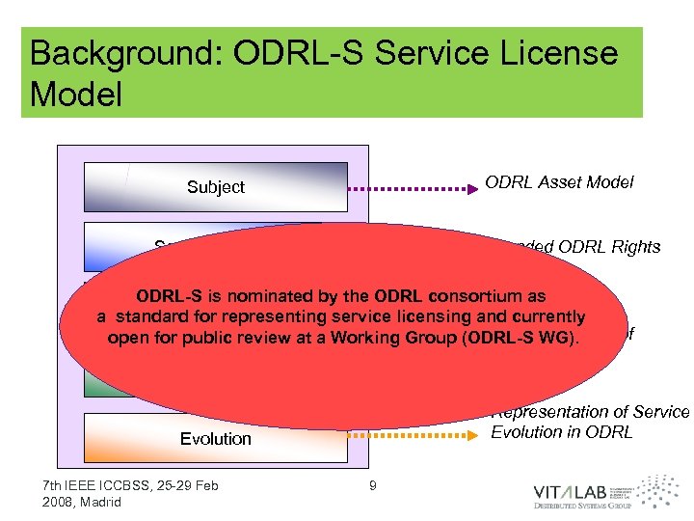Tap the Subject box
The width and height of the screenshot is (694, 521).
(x=215, y=187)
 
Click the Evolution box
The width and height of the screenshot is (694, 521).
(x=215, y=438)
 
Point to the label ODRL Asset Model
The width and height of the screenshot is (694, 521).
(x=559, y=183)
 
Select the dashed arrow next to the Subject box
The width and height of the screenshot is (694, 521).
(x=414, y=186)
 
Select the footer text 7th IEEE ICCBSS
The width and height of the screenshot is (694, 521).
(x=96, y=484)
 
